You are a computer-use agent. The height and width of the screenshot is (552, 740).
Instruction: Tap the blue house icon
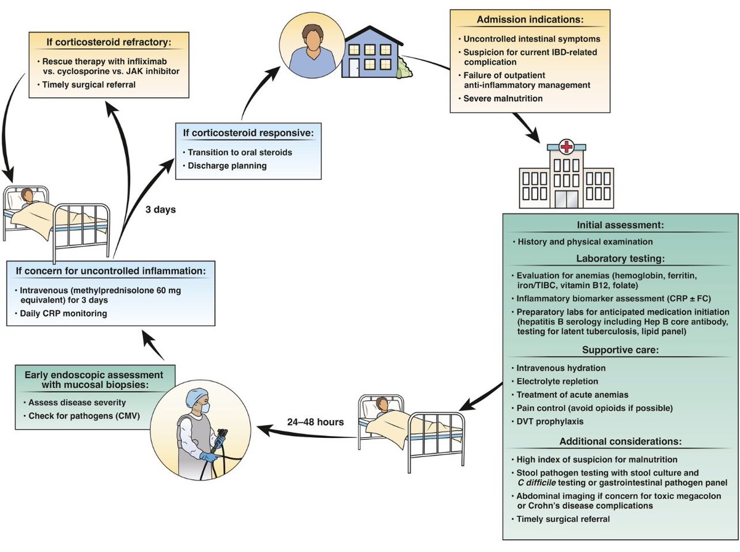[x=370, y=56]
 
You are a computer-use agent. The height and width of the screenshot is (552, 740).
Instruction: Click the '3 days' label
[x=161, y=209]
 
